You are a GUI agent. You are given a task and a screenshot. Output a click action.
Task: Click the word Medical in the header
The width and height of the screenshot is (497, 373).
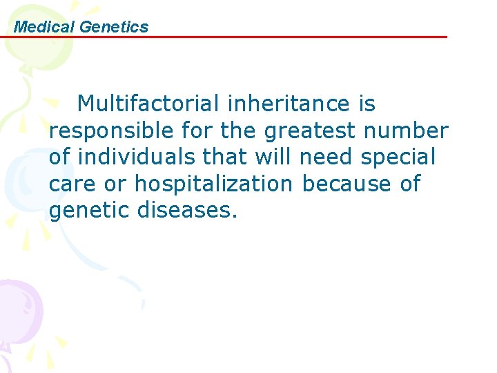click(44, 27)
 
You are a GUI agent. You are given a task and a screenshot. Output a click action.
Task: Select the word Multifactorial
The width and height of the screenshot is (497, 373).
click(148, 104)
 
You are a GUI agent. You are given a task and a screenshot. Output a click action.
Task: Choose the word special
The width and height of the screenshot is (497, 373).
click(398, 157)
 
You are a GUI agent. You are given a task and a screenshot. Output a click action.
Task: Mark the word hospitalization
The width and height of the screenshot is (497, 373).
click(213, 184)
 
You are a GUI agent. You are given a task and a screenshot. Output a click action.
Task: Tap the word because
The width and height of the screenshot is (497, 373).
click(340, 184)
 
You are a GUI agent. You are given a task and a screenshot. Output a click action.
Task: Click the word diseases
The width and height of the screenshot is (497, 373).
click(186, 211)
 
